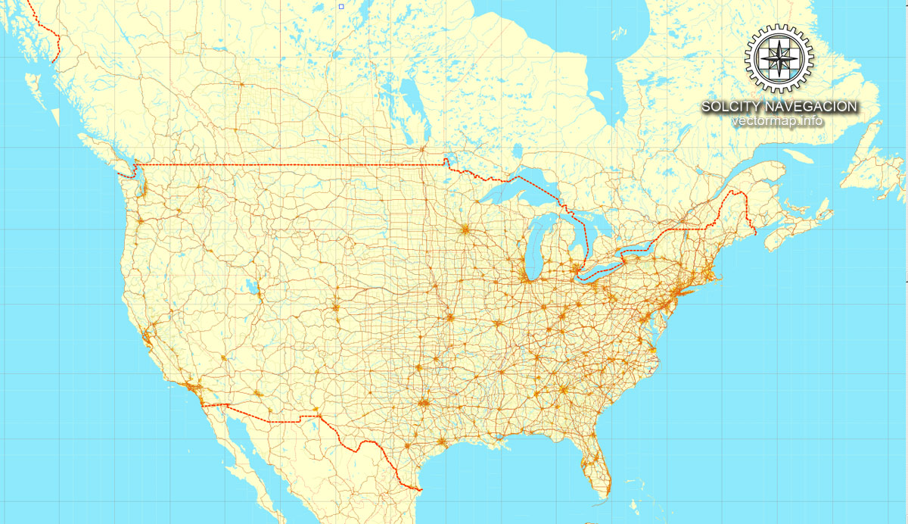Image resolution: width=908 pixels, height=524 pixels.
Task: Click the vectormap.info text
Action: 778,121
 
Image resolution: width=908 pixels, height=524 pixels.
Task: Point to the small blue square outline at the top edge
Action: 341,6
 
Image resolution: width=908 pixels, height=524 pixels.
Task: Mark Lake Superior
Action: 522,189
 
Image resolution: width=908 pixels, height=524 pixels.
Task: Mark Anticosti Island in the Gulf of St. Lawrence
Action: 798,156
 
